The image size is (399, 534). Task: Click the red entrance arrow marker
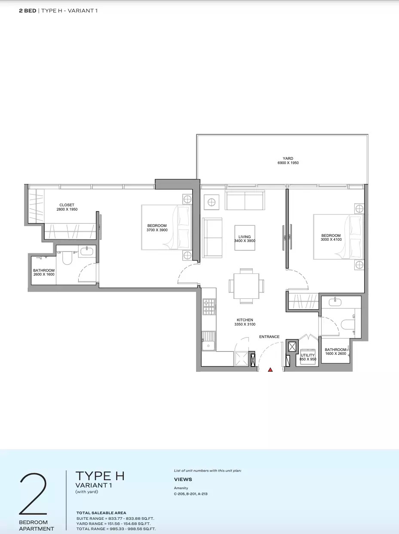(x=270, y=369)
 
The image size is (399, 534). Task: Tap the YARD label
(x=288, y=158)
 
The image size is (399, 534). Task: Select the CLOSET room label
(x=67, y=205)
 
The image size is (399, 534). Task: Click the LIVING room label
(x=245, y=237)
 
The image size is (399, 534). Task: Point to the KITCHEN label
(x=245, y=320)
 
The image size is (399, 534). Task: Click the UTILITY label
(x=308, y=355)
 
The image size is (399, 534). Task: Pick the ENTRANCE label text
(x=269, y=337)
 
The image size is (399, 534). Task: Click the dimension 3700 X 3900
(x=157, y=230)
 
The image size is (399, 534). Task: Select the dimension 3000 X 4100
(x=331, y=239)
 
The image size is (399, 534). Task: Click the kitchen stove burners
(x=209, y=306)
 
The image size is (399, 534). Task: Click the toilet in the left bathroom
(x=67, y=258)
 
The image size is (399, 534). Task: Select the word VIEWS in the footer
(x=183, y=479)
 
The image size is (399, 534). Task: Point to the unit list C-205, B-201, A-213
(x=191, y=494)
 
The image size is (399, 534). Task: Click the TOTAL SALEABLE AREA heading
(x=101, y=513)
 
